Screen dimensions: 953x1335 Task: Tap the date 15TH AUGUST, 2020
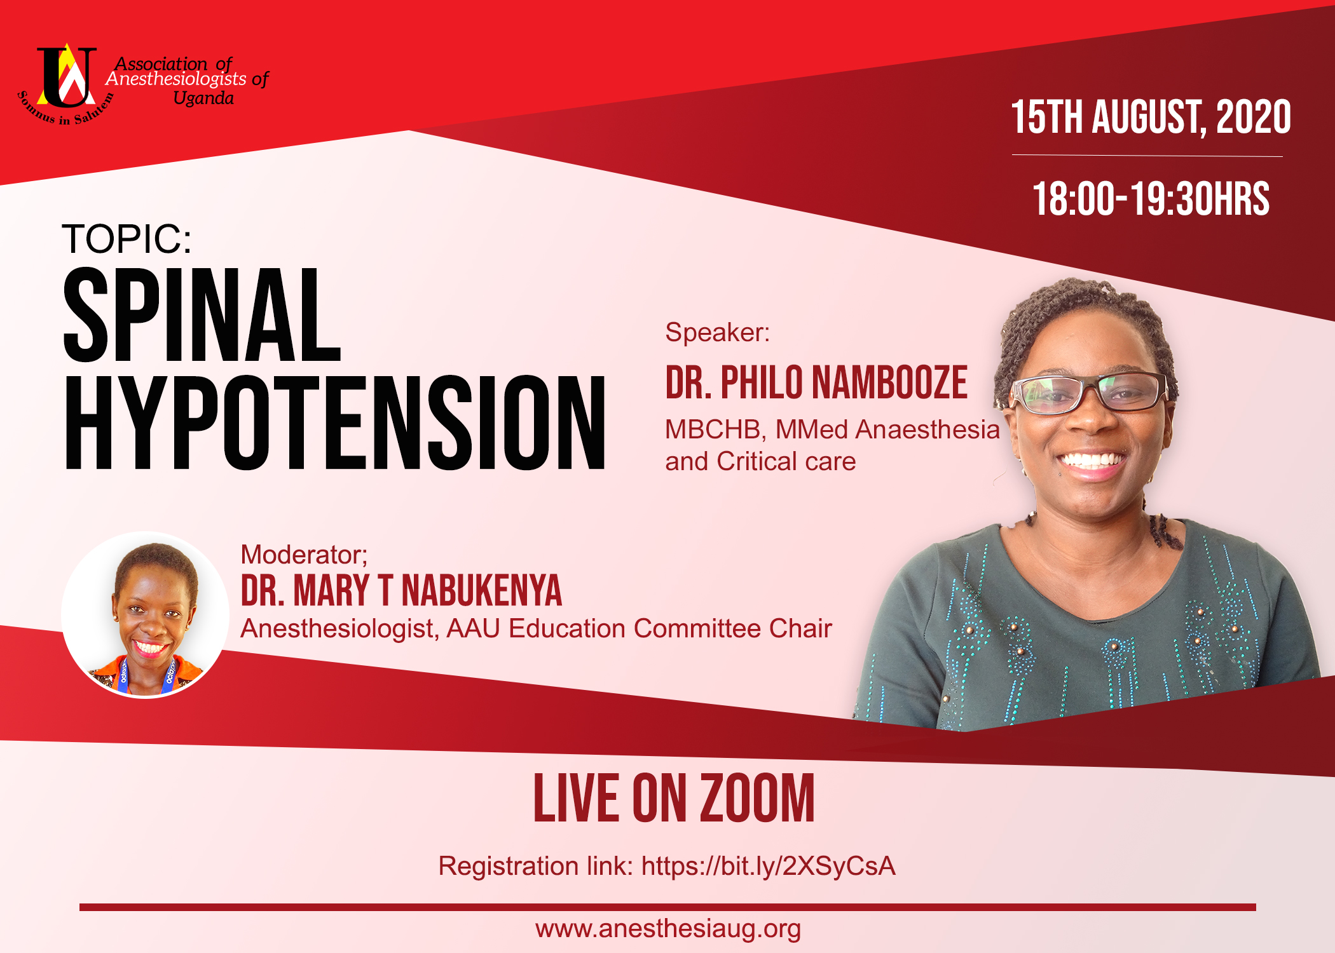tap(1150, 118)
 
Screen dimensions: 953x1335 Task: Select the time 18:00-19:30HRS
tap(1150, 199)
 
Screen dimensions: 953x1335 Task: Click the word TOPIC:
tap(127, 240)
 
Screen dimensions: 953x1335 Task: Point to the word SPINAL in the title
tap(202, 316)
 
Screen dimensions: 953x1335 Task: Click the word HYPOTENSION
tap(335, 422)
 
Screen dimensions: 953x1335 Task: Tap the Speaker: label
tap(717, 332)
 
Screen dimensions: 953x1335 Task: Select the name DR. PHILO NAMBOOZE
tap(816, 383)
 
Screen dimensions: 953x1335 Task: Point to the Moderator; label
tap(304, 555)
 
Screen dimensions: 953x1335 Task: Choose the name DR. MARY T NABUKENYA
tap(401, 591)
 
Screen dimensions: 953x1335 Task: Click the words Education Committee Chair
tap(670, 628)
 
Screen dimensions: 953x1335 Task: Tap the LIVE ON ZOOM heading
tap(674, 799)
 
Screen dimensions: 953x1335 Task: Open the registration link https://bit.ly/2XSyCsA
tap(768, 866)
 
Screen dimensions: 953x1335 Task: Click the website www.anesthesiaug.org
tap(667, 929)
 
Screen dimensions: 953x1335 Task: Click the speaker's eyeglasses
tap(1088, 392)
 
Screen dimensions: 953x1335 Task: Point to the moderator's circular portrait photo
tap(146, 614)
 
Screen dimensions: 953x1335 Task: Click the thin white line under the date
tap(1147, 156)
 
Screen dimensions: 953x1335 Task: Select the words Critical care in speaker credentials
tap(786, 462)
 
